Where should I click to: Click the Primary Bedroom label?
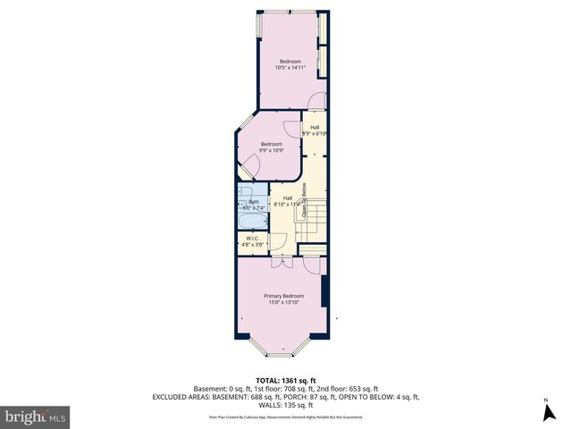[x=283, y=296]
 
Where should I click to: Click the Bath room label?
[x=254, y=202]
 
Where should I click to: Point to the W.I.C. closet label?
[x=252, y=238]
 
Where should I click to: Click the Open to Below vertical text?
[x=304, y=201]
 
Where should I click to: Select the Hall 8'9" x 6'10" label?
[x=315, y=130]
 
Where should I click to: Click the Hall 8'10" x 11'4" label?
[x=287, y=201]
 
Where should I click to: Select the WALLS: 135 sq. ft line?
[x=286, y=404]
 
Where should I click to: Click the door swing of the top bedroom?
[x=315, y=100]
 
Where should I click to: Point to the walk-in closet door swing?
[x=278, y=240]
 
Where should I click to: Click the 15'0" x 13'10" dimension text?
[x=283, y=303]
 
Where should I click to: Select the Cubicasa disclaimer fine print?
[x=286, y=416]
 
